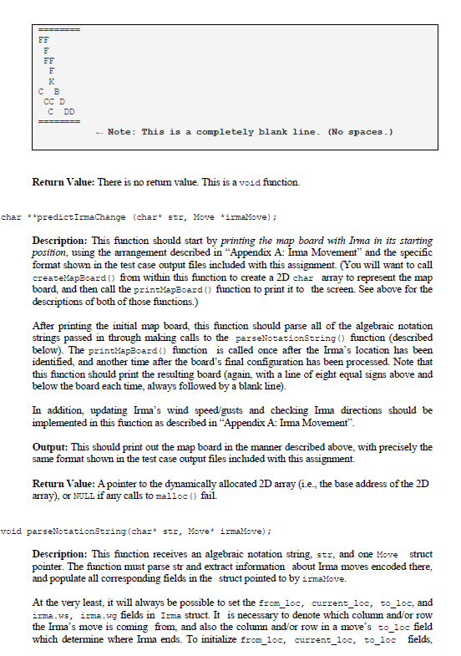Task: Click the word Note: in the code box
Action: [122, 132]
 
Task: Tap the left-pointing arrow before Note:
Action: [99, 132]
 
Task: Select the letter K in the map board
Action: [52, 80]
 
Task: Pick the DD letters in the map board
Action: [70, 111]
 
